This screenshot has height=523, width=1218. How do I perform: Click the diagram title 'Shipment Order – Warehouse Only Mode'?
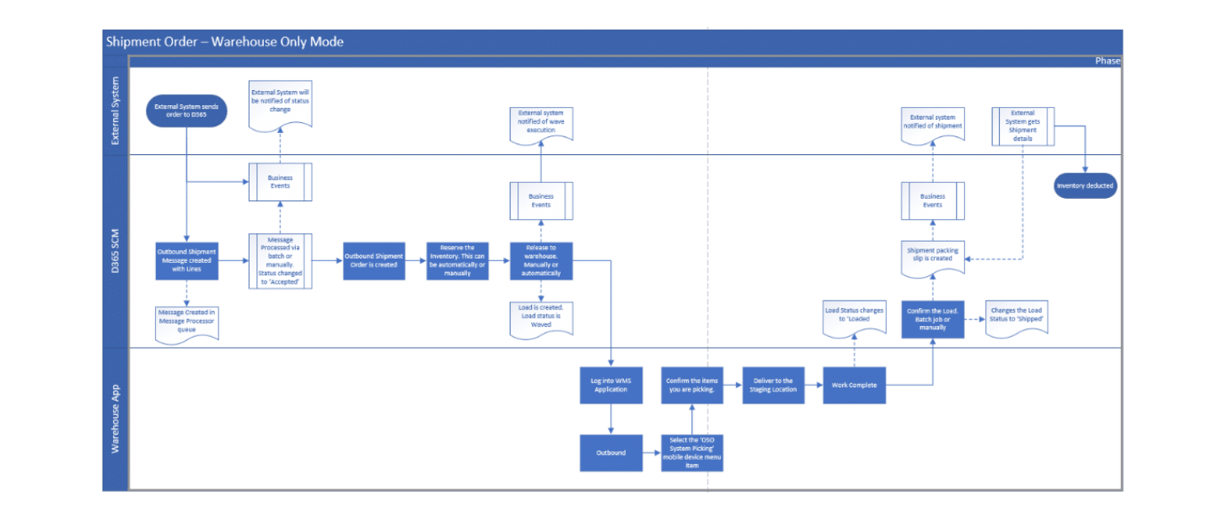click(225, 42)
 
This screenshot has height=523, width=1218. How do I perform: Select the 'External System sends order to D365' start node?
click(185, 110)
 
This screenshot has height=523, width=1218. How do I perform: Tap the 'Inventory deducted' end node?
click(1086, 185)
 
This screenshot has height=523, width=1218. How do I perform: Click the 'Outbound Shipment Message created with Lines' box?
click(186, 260)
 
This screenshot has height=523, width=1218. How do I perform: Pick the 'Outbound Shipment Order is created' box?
click(373, 260)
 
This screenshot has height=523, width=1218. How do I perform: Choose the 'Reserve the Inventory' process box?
click(458, 260)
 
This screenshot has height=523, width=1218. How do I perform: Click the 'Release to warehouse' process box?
click(540, 260)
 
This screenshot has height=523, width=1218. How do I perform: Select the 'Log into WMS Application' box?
click(610, 386)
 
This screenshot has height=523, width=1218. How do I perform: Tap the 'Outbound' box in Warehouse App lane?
click(610, 452)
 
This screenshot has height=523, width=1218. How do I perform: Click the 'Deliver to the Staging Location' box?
click(773, 386)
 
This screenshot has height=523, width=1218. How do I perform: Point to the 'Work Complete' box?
click(855, 386)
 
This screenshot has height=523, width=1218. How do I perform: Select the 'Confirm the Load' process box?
click(932, 319)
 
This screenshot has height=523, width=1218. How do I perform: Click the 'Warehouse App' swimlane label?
click(115, 419)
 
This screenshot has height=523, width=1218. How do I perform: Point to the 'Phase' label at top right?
click(1107, 61)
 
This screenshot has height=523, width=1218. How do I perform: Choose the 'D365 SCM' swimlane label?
click(115, 251)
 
